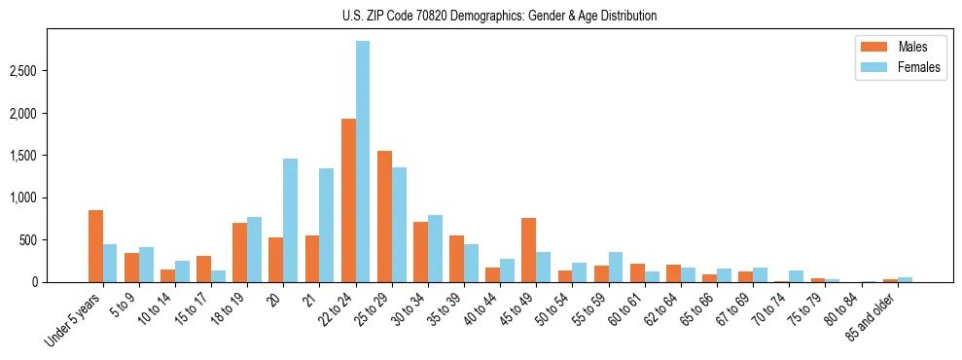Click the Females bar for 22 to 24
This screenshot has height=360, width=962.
(x=363, y=162)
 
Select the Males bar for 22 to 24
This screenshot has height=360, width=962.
(x=348, y=200)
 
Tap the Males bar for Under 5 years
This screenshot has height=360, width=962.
(x=95, y=246)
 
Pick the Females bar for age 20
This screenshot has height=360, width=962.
(x=290, y=220)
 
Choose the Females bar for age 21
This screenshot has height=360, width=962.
(x=326, y=225)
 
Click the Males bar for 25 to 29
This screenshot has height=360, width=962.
(x=384, y=216)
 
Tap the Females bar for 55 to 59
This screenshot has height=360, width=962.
(x=615, y=267)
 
